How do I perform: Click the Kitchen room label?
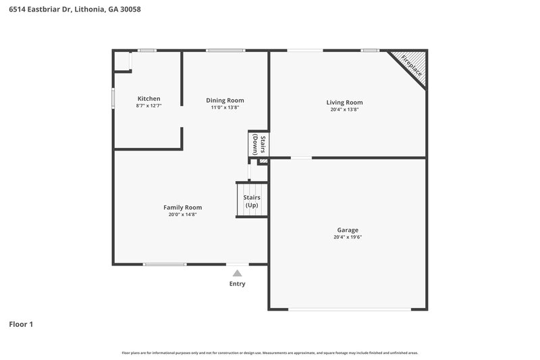coord(148,99)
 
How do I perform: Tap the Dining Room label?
coord(225,100)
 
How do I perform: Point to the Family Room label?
coord(182,207)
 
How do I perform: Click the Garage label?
coord(348,230)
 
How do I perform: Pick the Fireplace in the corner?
coord(412,65)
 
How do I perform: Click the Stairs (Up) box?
coord(252,201)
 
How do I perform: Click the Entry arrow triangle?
coord(237,274)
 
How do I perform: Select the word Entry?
coord(237,284)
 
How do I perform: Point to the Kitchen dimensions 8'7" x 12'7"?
coord(148,106)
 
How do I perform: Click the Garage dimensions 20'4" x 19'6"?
coord(348,237)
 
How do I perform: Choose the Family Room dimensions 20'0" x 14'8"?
coord(182,215)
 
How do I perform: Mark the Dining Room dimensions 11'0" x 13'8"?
coord(225,107)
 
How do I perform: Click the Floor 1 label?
coord(21,324)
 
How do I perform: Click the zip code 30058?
coord(129,9)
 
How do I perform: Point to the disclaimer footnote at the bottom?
coord(270,353)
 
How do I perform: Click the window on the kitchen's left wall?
coord(113,97)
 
